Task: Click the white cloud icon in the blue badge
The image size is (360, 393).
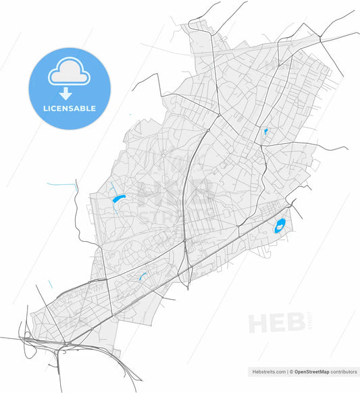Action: (69, 72)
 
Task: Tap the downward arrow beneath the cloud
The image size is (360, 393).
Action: (69, 95)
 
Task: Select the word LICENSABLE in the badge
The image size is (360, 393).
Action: (69, 108)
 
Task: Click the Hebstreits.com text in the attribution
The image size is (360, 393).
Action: (267, 371)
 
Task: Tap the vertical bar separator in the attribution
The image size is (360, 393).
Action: (287, 371)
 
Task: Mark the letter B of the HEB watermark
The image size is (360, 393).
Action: (297, 323)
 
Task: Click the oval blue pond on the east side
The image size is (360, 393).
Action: (280, 226)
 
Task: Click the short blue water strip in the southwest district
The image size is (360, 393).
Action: (143, 275)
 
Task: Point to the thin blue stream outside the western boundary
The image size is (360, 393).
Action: (62, 183)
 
